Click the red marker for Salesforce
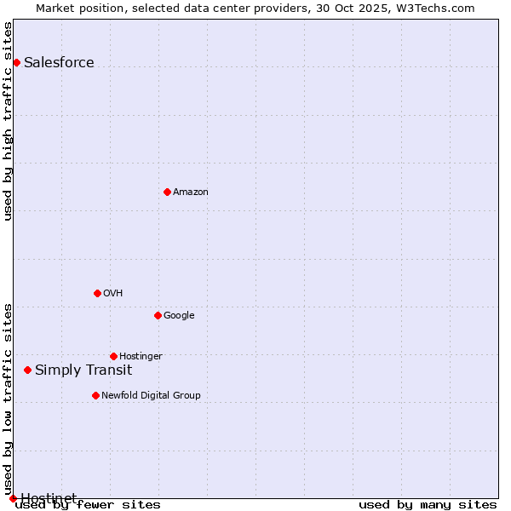point(16,62)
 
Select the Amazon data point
point(167,192)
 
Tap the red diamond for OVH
point(97,293)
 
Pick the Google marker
point(158,315)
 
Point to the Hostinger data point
point(113,356)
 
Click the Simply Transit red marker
point(28,370)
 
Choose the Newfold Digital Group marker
point(95,395)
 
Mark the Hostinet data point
point(13,498)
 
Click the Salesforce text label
point(59,62)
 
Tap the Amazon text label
point(191,192)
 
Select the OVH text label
point(113,293)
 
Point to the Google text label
point(179,315)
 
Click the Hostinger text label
point(141,356)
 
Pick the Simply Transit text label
point(83,370)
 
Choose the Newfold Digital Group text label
point(151,395)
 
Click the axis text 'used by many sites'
point(428,504)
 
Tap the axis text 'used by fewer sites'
point(88,504)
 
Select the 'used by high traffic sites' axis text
point(9,121)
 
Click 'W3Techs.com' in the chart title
point(438,9)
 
